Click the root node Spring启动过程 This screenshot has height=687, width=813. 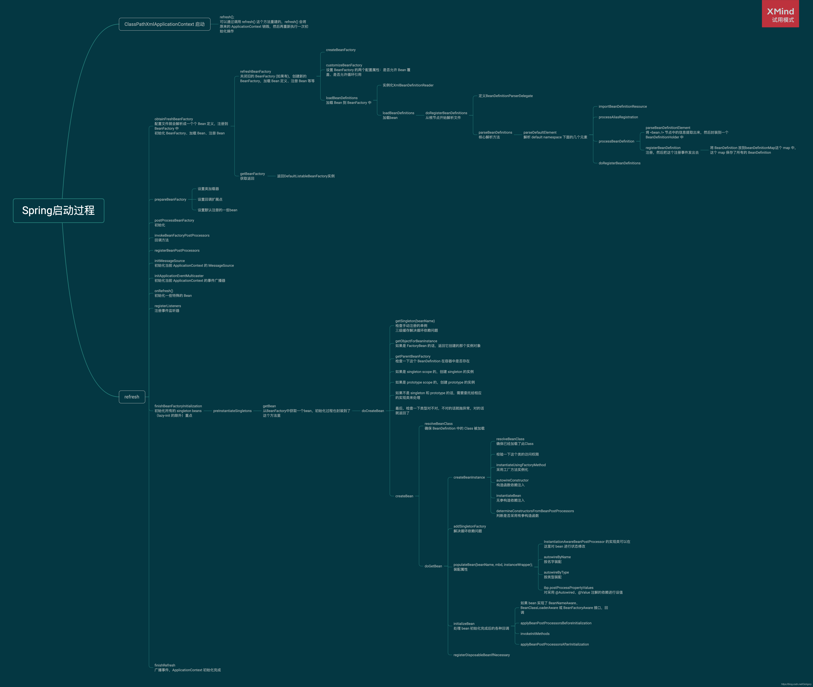[58, 211]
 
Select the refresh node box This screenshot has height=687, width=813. [132, 397]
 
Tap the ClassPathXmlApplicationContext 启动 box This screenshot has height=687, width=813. [164, 24]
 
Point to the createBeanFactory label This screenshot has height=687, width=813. [340, 50]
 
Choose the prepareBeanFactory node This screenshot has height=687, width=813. [170, 199]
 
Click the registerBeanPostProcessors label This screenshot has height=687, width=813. [177, 250]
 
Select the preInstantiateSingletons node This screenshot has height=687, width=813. [232, 411]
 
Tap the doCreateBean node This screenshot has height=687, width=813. [372, 411]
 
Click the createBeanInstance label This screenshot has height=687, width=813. [469, 478]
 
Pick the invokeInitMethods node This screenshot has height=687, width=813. [535, 634]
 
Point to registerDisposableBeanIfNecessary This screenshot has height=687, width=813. [482, 655]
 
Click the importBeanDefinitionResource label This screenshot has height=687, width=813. [622, 106]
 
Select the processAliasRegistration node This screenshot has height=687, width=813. [618, 117]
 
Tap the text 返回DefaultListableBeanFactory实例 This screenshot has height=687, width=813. [306, 176]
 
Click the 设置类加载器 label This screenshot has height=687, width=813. [208, 189]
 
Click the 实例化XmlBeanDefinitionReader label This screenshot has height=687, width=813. [408, 85]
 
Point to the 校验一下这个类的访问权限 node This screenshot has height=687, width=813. [517, 455]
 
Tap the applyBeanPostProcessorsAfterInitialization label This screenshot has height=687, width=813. [554, 645]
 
